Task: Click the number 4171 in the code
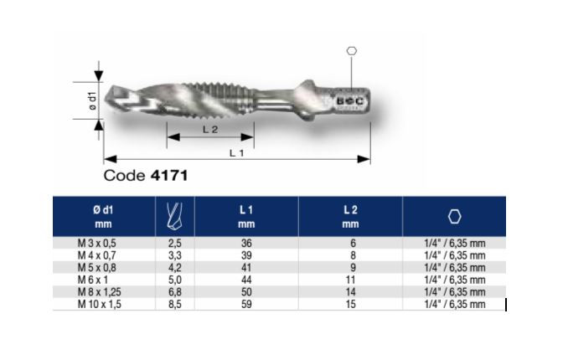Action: tap(169, 176)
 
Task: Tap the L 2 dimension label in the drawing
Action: tap(210, 130)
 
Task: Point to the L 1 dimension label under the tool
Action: tap(236, 153)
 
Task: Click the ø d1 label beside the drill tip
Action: tap(92, 100)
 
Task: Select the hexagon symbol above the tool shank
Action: tap(352, 51)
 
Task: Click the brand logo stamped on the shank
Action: tap(350, 101)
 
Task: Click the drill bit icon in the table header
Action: tap(175, 216)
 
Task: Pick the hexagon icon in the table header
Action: tap(455, 217)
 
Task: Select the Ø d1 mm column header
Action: tap(103, 217)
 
